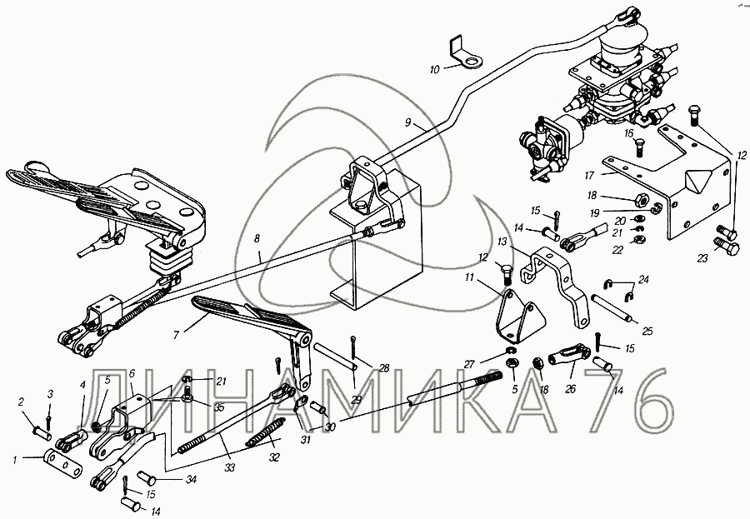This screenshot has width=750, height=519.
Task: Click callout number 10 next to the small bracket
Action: click(x=433, y=71)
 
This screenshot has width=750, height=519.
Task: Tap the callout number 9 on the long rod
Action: click(x=408, y=122)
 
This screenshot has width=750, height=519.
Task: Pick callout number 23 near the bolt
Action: click(x=702, y=258)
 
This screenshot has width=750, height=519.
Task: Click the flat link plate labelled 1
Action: click(x=64, y=461)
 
